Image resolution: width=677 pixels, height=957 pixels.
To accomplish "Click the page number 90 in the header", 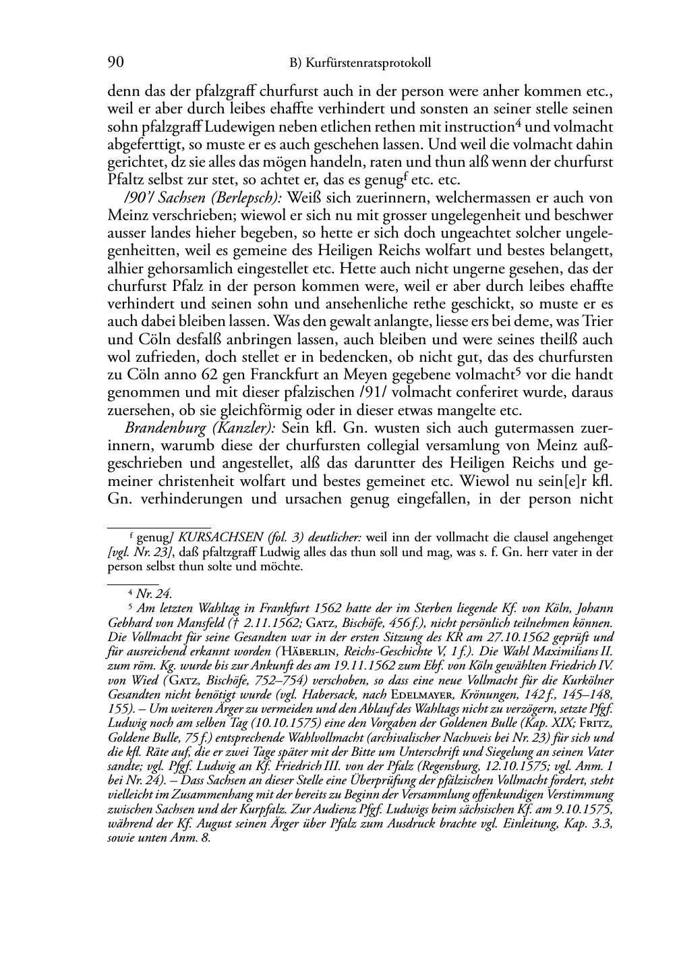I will pos(115,63).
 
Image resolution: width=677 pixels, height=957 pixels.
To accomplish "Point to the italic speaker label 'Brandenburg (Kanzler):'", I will pos(201,429).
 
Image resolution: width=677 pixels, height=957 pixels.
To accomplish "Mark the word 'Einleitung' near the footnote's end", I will pos(531,824).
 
